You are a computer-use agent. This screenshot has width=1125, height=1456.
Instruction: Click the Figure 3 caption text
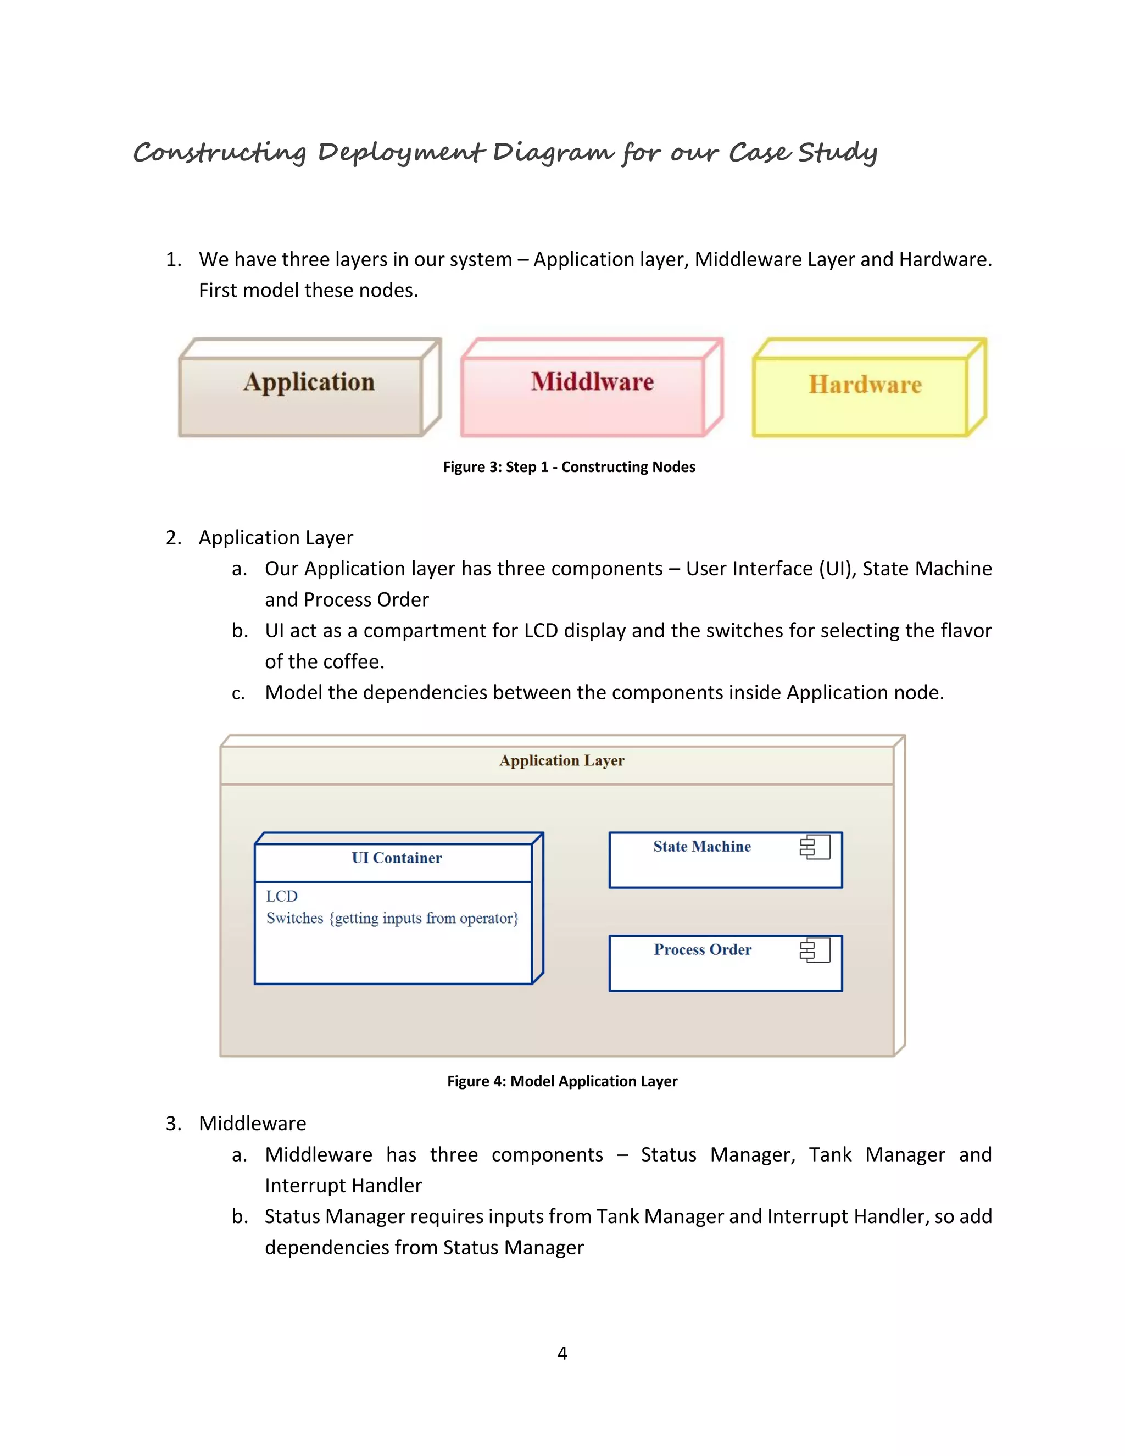tap(569, 466)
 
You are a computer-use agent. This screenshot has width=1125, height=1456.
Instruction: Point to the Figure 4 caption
tap(562, 1081)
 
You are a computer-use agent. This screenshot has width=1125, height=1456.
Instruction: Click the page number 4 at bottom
tap(562, 1353)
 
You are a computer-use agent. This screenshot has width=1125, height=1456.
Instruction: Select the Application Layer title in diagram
tap(562, 760)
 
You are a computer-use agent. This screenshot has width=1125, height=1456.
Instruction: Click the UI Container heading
tap(397, 858)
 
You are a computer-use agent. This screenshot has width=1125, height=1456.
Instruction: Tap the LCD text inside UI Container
tap(281, 896)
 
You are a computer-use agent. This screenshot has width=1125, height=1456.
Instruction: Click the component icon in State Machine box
tap(815, 847)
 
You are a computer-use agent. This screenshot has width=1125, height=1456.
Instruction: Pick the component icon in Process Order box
tap(815, 950)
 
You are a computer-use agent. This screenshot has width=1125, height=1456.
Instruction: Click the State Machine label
tap(702, 847)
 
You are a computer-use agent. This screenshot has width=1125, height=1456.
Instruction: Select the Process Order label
tap(703, 949)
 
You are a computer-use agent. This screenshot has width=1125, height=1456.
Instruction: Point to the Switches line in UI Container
tap(392, 918)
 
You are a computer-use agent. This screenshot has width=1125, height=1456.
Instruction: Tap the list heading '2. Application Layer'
tap(276, 537)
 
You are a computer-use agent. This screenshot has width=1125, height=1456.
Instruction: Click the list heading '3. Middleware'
tap(252, 1124)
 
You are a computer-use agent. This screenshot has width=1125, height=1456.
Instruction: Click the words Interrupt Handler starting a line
tap(343, 1185)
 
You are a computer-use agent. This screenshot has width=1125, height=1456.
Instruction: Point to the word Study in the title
tap(837, 153)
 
